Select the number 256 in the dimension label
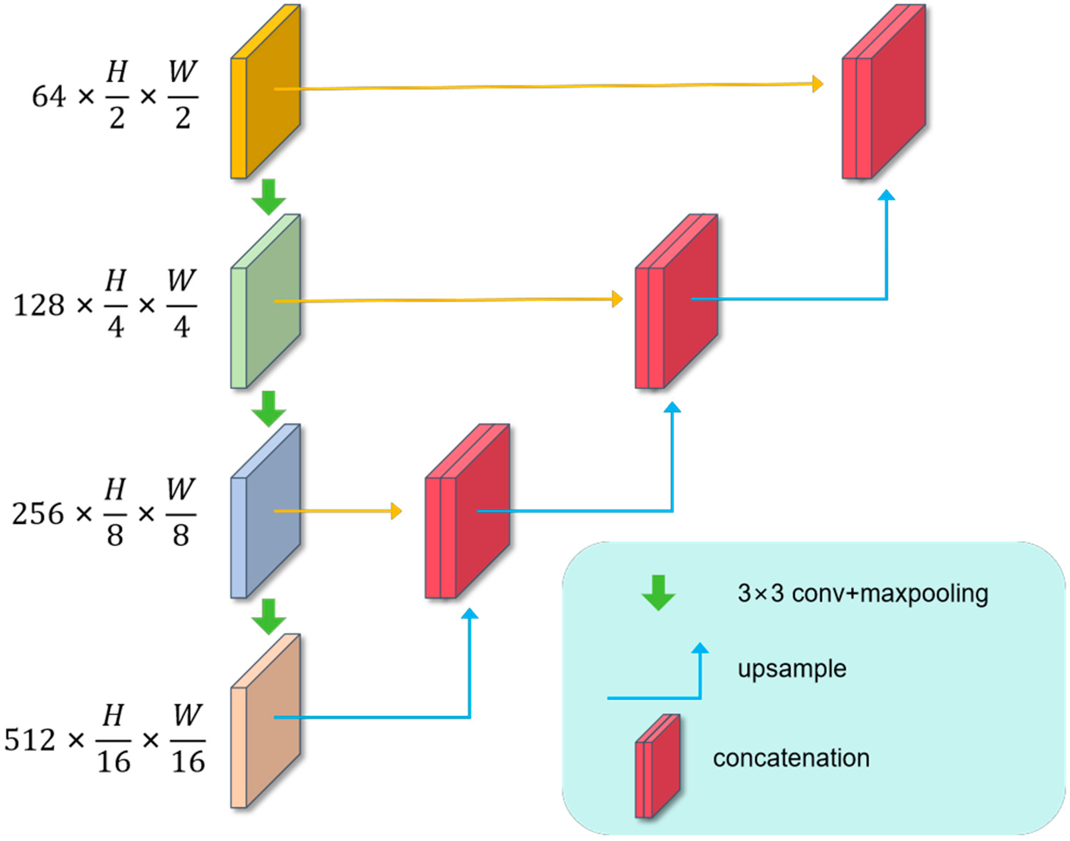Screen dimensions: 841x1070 point(38,515)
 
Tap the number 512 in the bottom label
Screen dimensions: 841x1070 point(30,740)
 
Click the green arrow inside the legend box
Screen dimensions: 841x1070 point(658,593)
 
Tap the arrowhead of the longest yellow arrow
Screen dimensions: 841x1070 point(818,84)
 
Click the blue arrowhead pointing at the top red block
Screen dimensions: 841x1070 point(886,195)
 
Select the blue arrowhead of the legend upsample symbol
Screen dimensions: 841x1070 point(700,648)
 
